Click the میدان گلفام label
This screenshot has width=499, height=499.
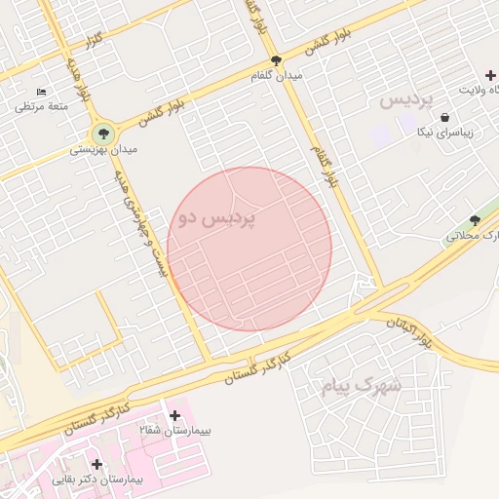(x=277, y=75)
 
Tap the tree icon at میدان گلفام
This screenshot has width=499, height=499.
(x=277, y=60)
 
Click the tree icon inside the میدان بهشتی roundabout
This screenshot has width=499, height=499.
(x=101, y=134)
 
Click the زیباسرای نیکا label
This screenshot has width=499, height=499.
(x=444, y=132)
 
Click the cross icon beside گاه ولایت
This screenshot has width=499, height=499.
(x=490, y=76)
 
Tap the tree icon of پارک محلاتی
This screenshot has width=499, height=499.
(x=475, y=220)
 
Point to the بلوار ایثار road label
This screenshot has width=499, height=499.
(x=410, y=331)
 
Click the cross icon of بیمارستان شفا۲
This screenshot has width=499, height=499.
(x=174, y=415)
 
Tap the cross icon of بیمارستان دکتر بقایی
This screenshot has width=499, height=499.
(x=96, y=464)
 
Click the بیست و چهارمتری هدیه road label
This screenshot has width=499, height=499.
(x=142, y=222)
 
